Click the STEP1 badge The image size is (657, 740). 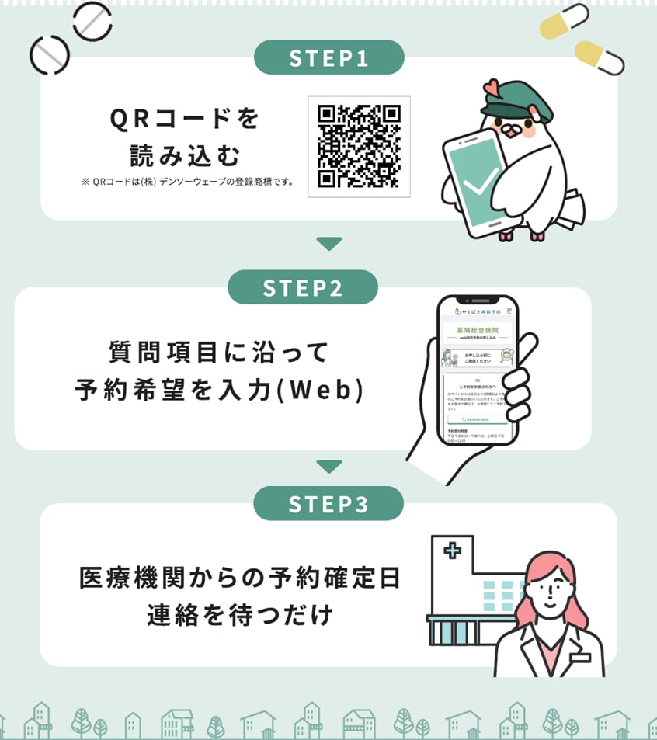328,57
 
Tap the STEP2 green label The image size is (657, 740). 302,288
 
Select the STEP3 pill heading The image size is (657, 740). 328,504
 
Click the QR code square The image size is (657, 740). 359,147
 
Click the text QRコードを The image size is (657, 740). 184,119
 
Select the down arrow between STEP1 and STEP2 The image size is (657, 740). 329,244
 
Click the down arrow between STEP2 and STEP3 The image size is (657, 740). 329,467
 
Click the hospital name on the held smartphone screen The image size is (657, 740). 478,330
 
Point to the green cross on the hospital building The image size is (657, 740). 453,552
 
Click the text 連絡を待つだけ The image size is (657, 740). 240,616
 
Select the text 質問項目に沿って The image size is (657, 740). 219,352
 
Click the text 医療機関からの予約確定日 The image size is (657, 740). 240,578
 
